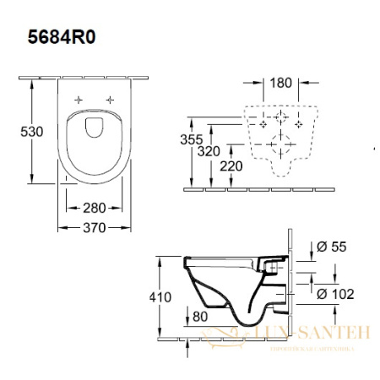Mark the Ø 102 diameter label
pos(335,295)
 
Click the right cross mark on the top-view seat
pos(109,100)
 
